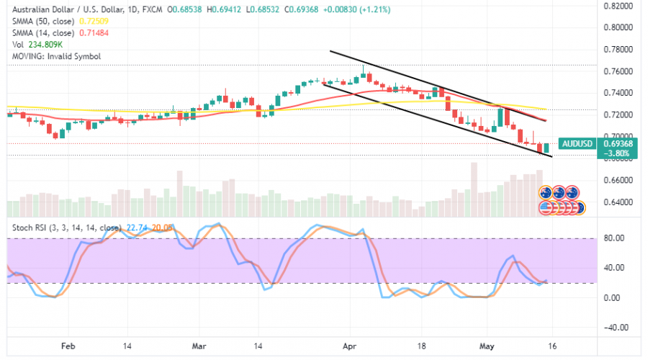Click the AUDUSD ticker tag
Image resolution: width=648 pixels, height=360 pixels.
577,143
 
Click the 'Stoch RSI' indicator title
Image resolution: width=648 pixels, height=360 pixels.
30,228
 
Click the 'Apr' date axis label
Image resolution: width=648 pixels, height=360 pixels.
350,346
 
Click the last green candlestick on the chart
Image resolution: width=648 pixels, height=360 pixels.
546,148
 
